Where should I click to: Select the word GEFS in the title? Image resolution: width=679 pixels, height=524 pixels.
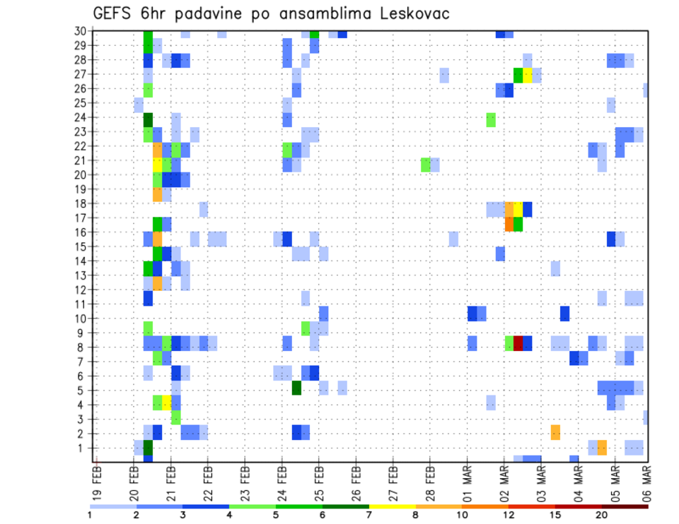coord(115,14)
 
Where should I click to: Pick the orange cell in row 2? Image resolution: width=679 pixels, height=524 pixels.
coord(555,431)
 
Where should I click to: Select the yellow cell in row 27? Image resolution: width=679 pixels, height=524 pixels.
coord(527,74)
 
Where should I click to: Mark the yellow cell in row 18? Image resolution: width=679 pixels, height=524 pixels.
coord(518,209)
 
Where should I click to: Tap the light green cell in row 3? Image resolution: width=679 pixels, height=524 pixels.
coord(175,417)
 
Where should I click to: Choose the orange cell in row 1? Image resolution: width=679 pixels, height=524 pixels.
coord(602,447)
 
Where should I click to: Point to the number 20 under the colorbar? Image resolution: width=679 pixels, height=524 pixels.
coord(602,516)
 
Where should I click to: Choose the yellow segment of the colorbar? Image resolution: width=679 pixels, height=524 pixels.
coord(393,506)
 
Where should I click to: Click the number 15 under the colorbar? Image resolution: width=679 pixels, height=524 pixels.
coord(555,516)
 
